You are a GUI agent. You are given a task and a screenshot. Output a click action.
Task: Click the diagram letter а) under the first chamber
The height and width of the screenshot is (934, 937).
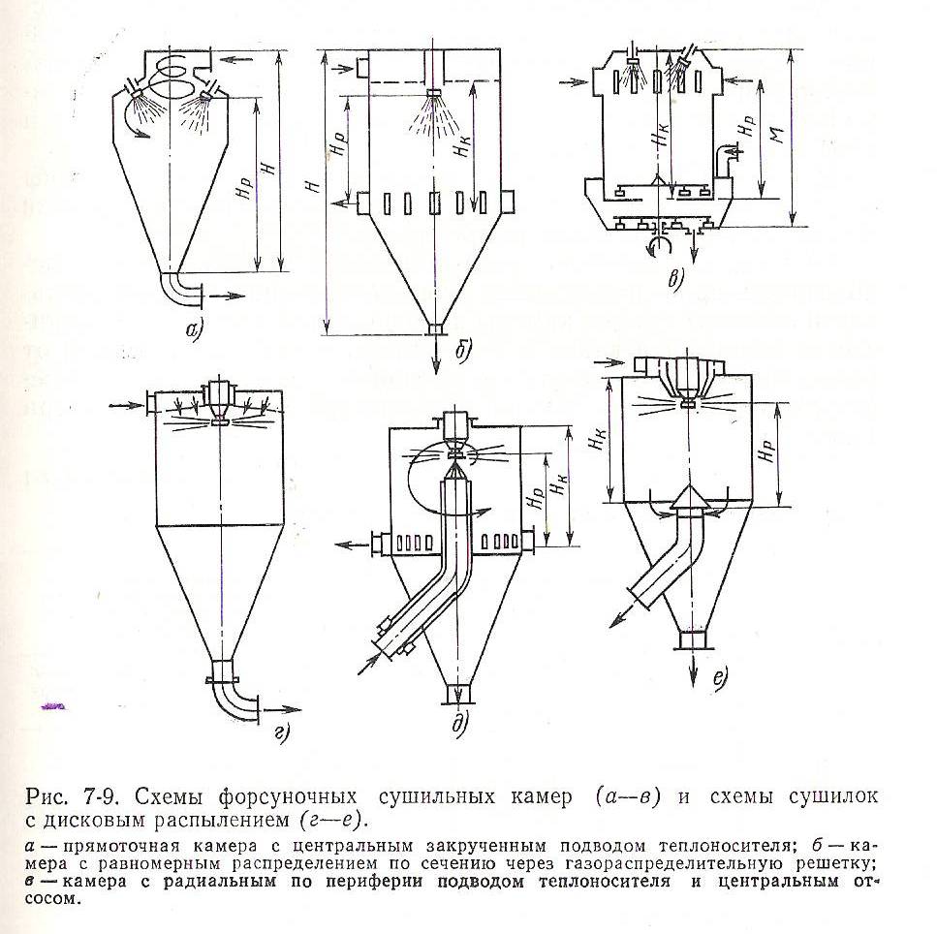195,329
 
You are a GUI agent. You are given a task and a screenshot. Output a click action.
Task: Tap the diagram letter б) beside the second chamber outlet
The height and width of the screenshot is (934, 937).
462,350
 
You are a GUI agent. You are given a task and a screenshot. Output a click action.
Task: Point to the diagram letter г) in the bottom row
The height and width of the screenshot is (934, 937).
281,733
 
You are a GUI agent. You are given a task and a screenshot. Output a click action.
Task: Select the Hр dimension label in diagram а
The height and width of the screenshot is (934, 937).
245,189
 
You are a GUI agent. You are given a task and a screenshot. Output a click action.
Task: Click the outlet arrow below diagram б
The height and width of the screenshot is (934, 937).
435,356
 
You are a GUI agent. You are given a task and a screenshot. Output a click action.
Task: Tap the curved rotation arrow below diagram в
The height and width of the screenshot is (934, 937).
659,245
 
